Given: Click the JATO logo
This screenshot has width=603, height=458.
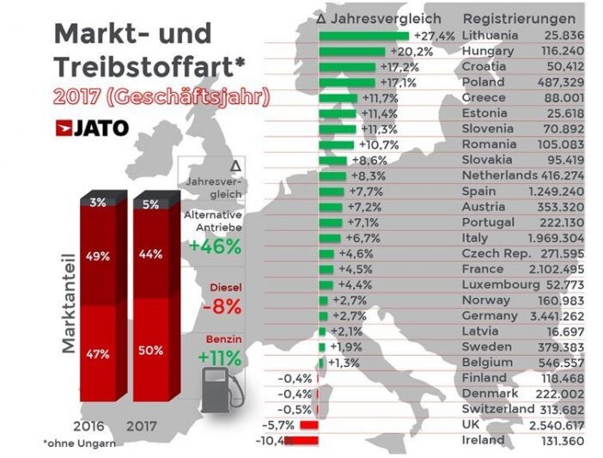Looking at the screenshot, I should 92,129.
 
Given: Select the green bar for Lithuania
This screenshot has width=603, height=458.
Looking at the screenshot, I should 363,36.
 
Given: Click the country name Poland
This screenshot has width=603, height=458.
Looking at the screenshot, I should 484,82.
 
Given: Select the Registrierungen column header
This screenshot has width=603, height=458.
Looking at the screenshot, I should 519,18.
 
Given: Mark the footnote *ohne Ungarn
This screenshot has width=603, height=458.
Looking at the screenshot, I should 78,443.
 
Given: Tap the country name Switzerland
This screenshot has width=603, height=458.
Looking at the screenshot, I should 498,409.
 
